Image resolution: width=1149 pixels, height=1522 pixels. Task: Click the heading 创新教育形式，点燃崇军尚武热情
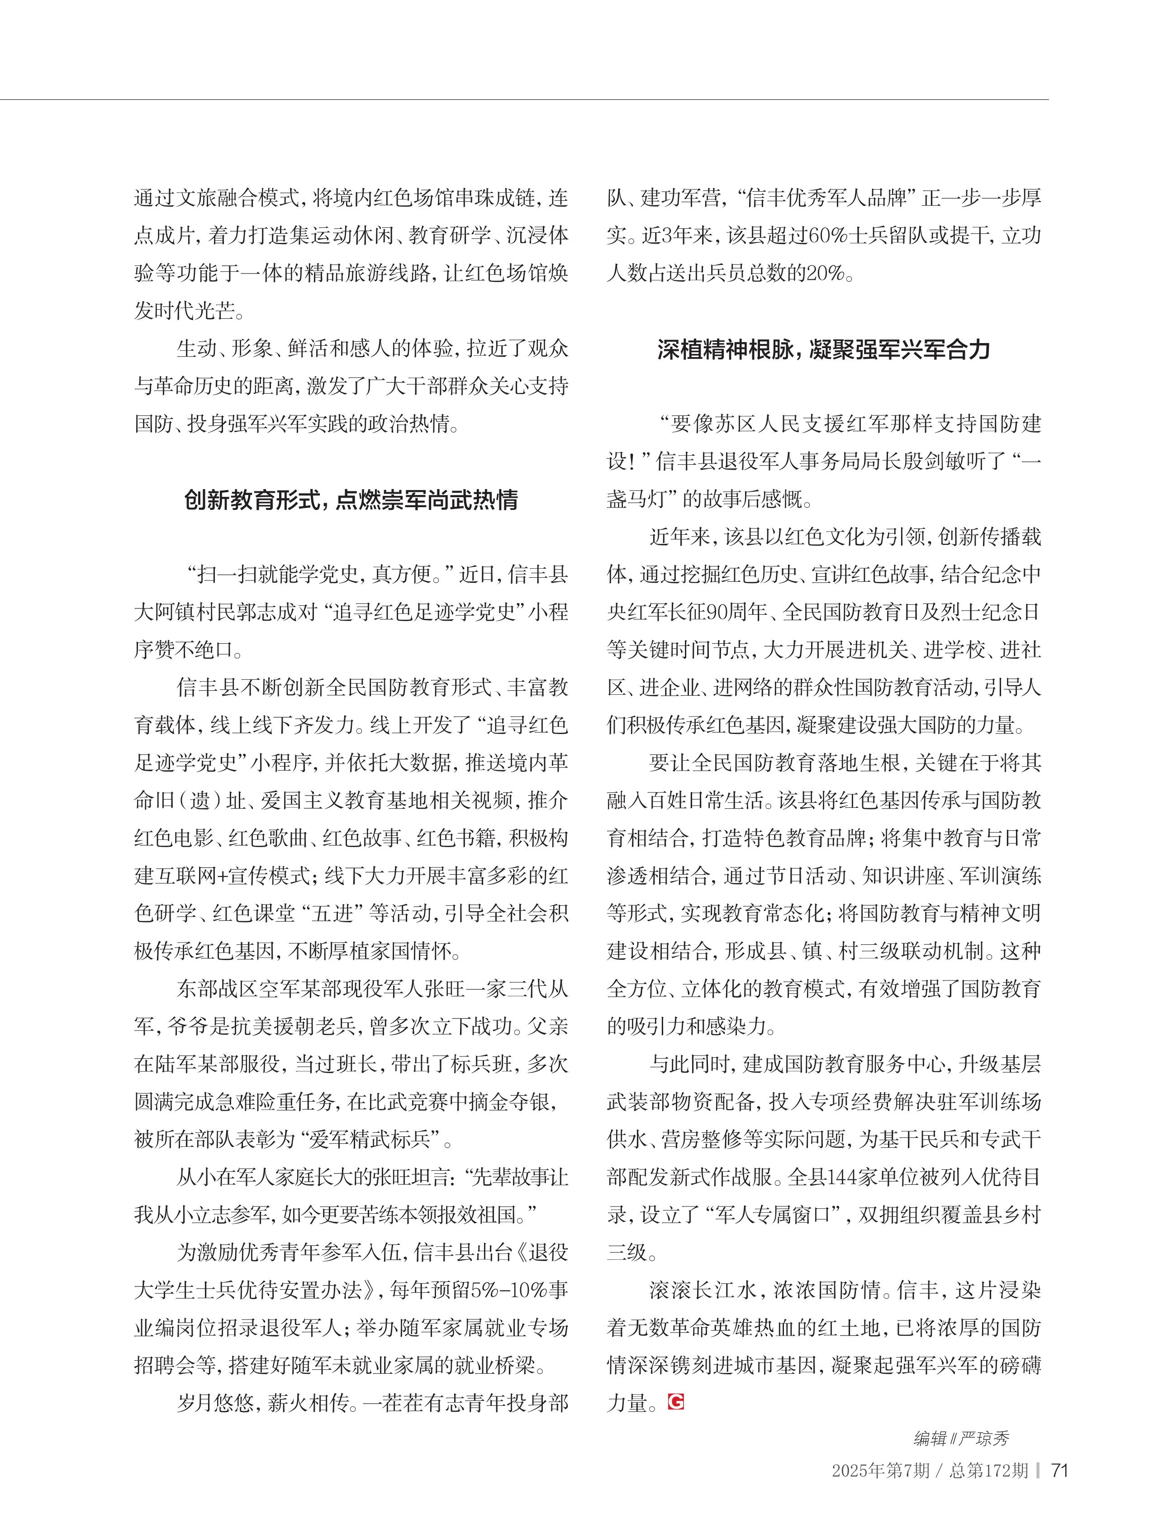click(x=351, y=500)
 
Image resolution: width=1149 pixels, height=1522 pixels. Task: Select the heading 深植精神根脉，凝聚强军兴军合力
click(x=823, y=349)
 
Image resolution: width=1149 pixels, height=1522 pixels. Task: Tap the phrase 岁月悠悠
click(x=216, y=1402)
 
